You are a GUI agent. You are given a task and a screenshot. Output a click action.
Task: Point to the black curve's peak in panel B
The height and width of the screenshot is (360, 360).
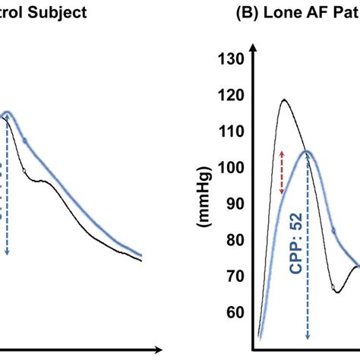pos(283,99)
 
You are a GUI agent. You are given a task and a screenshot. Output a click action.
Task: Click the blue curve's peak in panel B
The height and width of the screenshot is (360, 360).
pos(307,151)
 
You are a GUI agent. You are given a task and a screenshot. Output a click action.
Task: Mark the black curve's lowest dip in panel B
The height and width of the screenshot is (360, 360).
pos(337,292)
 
